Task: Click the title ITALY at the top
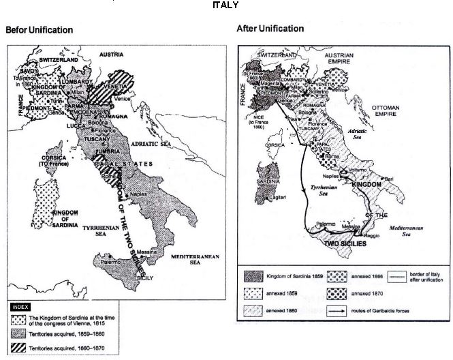[225, 5]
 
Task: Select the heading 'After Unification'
[270, 29]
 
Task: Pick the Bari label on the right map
[408, 178]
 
